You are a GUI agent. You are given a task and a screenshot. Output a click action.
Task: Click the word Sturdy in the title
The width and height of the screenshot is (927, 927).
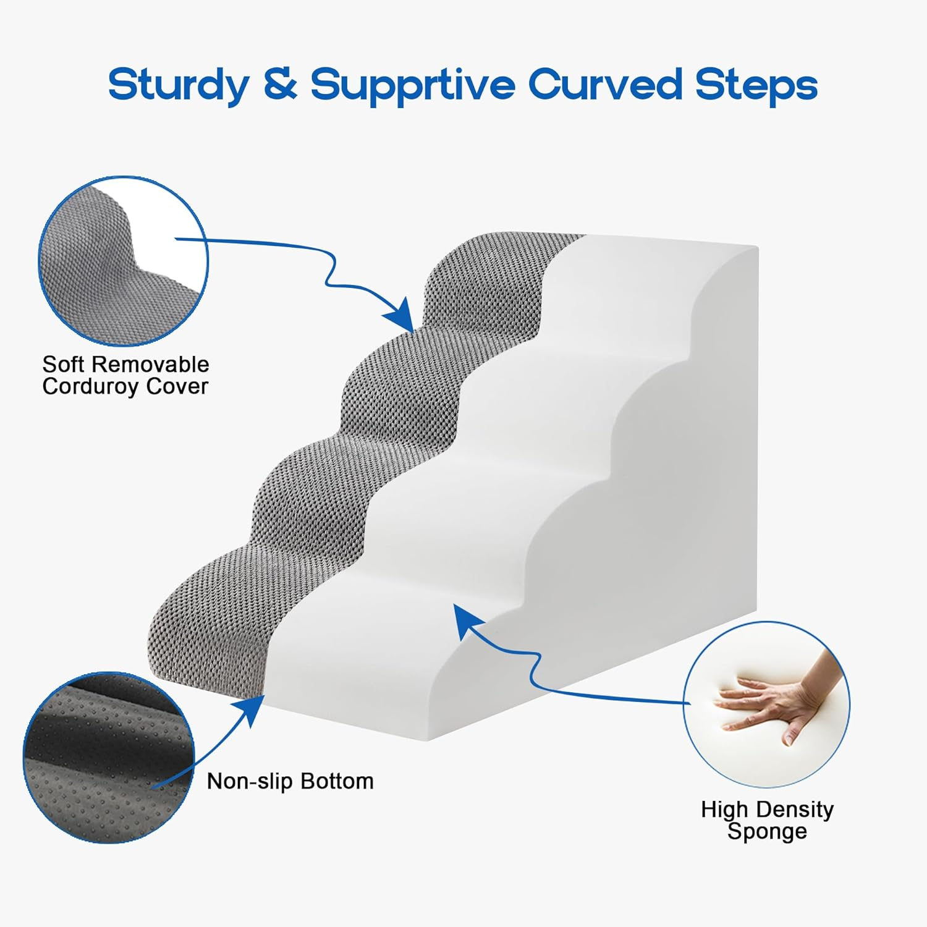(x=178, y=85)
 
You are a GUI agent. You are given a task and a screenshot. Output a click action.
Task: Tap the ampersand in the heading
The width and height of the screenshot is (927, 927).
(x=281, y=85)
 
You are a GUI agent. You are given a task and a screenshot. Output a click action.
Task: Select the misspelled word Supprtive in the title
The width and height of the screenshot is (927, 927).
(x=412, y=85)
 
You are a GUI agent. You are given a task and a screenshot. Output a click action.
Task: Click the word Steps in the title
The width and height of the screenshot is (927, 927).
(x=756, y=85)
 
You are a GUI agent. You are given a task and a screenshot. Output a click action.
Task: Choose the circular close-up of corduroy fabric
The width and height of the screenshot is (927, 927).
(x=124, y=261)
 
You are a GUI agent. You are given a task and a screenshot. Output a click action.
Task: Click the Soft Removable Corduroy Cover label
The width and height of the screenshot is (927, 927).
(x=125, y=375)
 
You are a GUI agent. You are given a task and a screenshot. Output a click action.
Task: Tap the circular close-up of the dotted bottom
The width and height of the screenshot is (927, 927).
(x=109, y=756)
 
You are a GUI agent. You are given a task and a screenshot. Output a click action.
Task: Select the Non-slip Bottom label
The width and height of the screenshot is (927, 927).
(x=290, y=781)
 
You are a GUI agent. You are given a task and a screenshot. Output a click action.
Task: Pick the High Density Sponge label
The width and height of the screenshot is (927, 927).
(x=767, y=820)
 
